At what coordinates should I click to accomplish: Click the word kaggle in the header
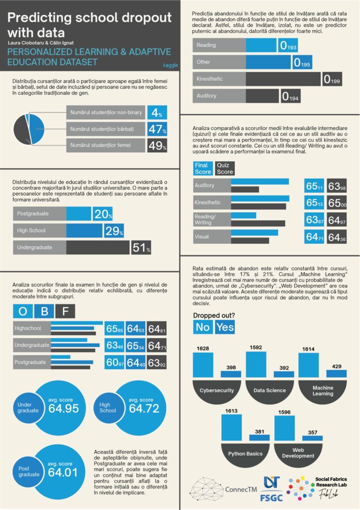(x=170, y=65)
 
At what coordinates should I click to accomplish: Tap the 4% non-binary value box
(x=157, y=113)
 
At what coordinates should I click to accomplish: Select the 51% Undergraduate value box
(x=141, y=247)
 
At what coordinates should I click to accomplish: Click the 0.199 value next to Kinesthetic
(x=331, y=80)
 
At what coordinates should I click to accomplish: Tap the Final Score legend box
(x=202, y=168)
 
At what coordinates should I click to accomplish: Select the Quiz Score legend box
(x=225, y=168)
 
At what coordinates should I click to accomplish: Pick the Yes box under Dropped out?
(x=225, y=327)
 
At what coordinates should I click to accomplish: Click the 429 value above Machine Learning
(x=336, y=366)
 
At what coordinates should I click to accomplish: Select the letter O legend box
(x=23, y=311)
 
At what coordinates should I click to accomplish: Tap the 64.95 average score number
(x=63, y=408)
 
